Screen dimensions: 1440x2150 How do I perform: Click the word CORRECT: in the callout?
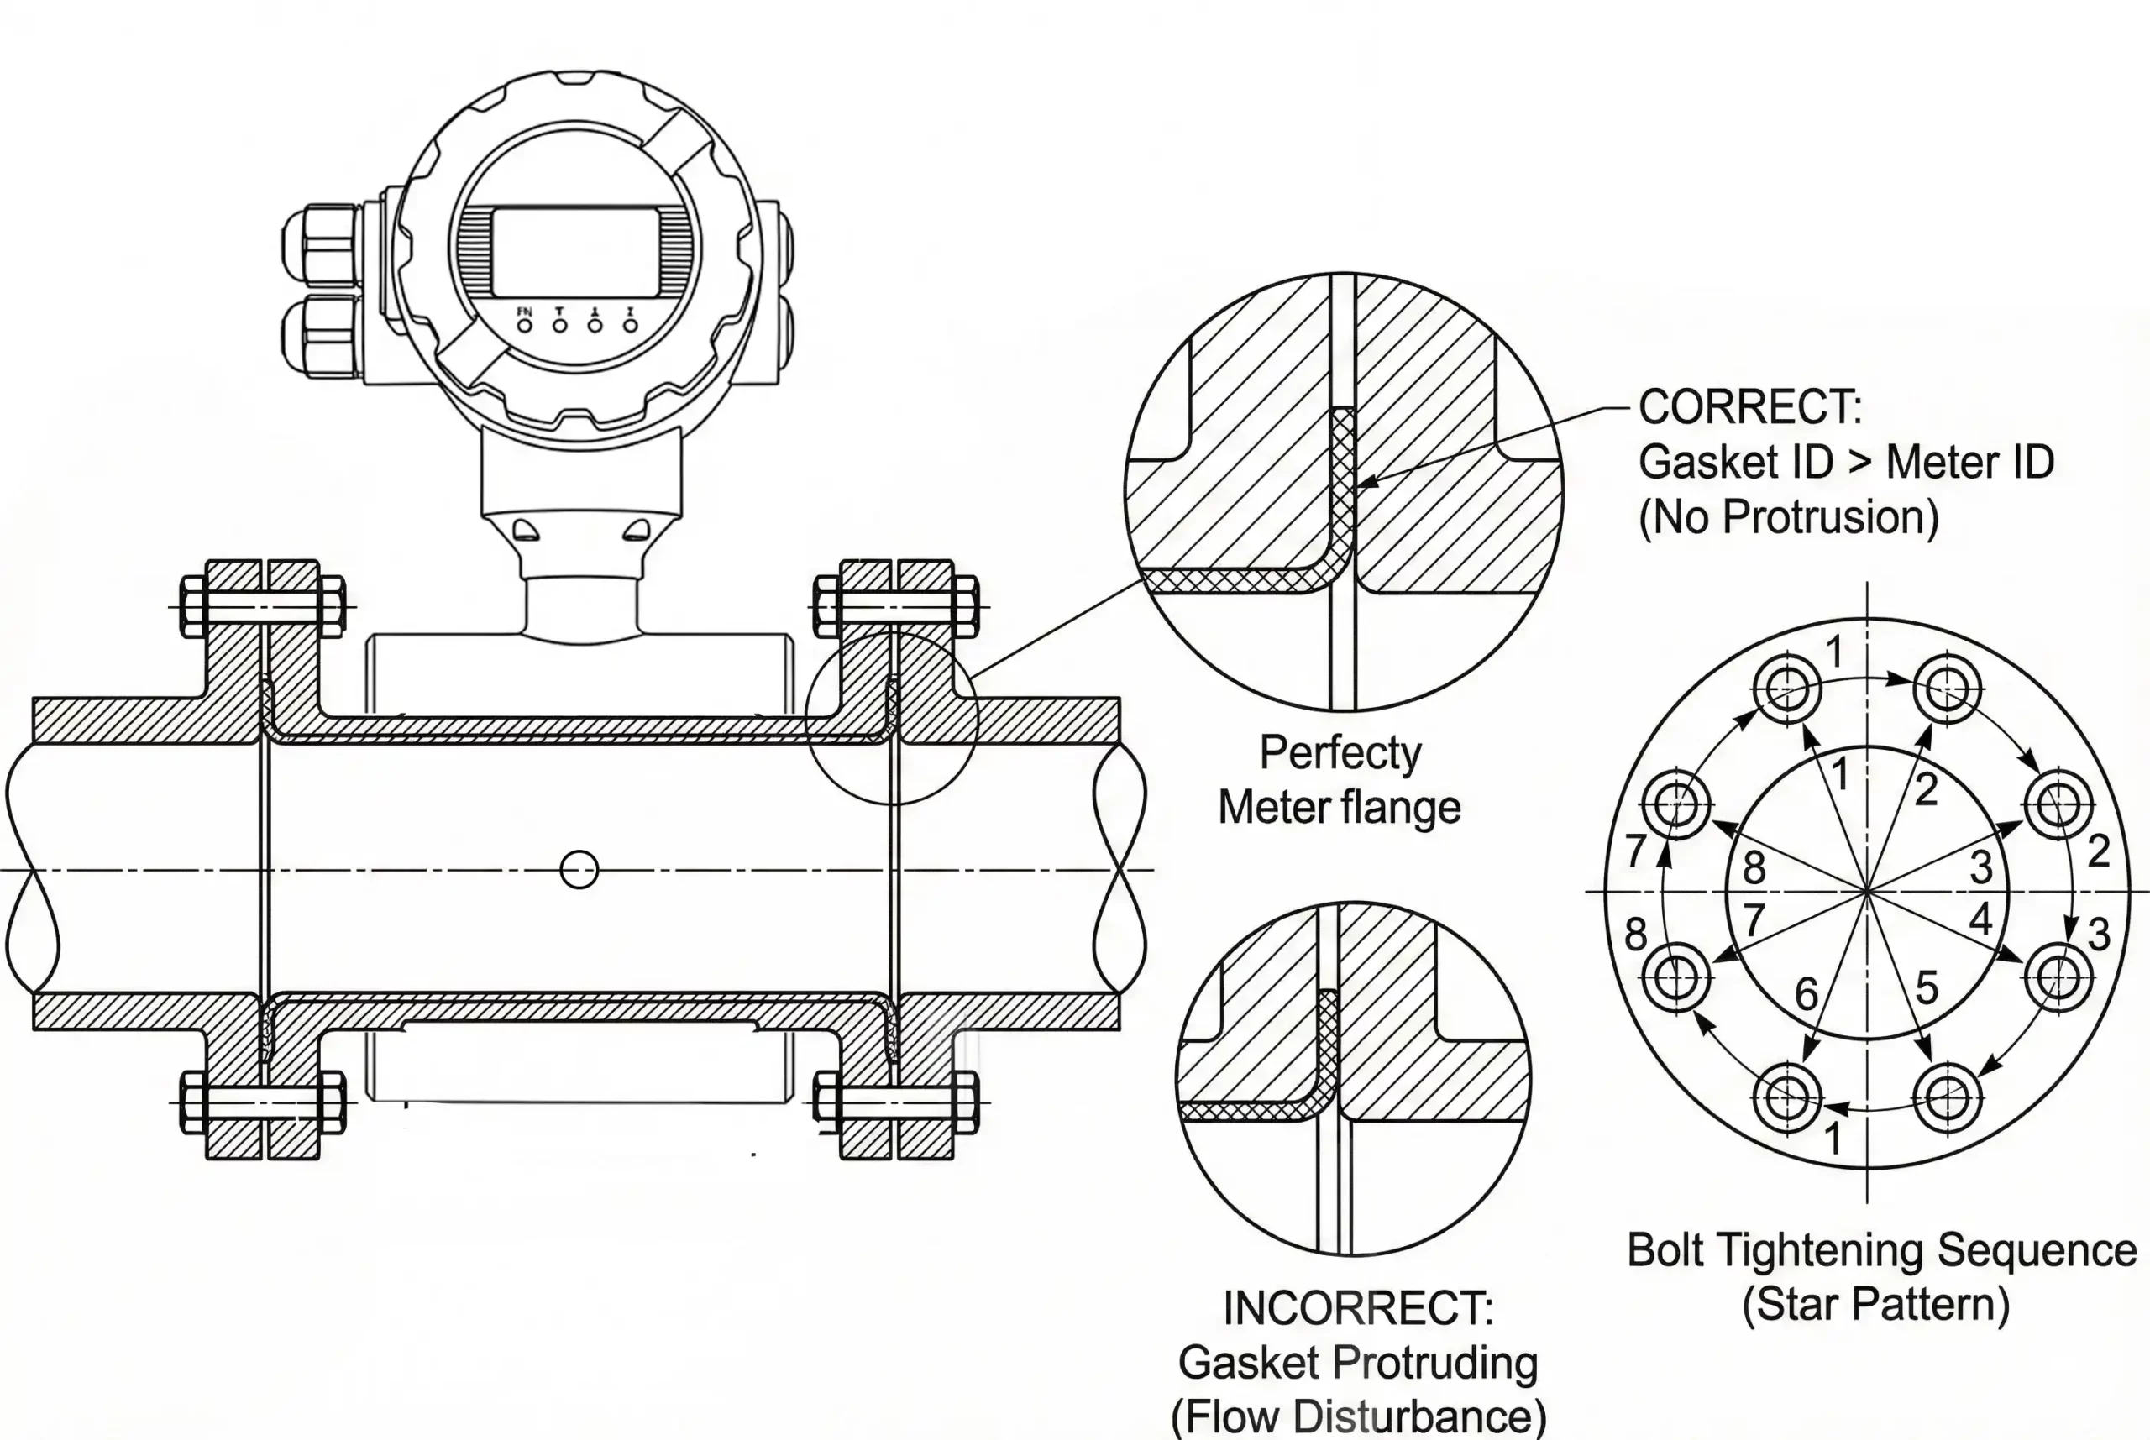click(1749, 407)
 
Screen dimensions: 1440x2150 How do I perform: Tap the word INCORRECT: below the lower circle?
click(1358, 1308)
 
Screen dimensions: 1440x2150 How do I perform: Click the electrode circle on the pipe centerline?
click(579, 869)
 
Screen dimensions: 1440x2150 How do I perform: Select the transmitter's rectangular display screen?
click(576, 252)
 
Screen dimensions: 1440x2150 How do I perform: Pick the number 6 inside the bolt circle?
click(1807, 993)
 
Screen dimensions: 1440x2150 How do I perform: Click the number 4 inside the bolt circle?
click(1981, 919)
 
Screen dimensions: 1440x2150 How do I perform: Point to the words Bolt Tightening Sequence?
click(1881, 1251)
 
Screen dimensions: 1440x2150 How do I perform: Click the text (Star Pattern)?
click(1875, 1304)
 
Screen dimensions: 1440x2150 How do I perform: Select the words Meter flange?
click(1339, 808)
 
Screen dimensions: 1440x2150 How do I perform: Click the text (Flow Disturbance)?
click(1358, 1416)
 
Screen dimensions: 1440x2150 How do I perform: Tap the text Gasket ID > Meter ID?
click(1846, 462)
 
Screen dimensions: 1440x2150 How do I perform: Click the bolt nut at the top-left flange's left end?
click(193, 606)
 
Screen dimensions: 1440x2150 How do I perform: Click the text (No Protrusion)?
click(1788, 517)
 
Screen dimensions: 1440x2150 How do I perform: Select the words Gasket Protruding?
click(1357, 1362)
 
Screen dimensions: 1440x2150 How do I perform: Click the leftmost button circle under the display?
click(524, 325)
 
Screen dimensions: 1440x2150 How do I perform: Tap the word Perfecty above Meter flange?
click(1340, 753)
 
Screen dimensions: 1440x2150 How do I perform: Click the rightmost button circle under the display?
click(630, 325)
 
